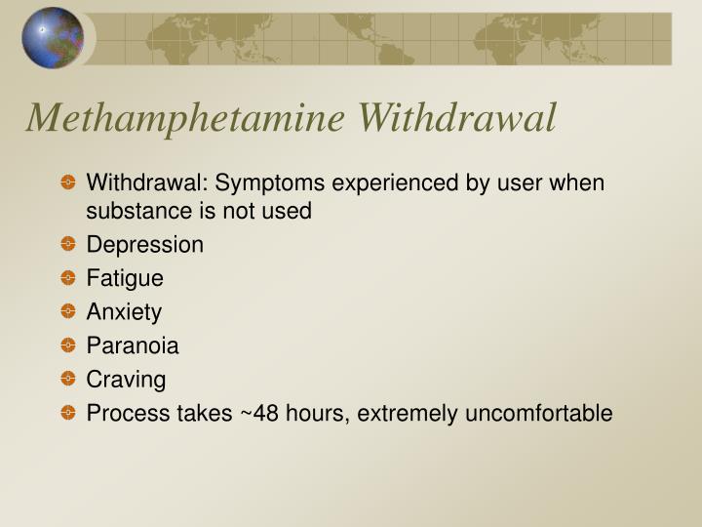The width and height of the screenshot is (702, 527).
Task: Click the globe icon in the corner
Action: pyautogui.click(x=53, y=38)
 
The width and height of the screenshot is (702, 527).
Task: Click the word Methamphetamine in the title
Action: pyautogui.click(x=185, y=118)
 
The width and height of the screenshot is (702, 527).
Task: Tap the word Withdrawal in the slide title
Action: pyautogui.click(x=457, y=118)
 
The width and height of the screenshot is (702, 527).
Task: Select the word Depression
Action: pyautogui.click(x=145, y=245)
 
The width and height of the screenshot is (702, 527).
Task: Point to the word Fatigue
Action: pyautogui.click(x=125, y=278)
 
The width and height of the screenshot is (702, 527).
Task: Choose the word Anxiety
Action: pyautogui.click(x=124, y=312)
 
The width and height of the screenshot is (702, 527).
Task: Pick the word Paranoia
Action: pyautogui.click(x=133, y=345)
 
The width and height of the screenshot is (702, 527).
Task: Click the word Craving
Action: pyautogui.click(x=126, y=380)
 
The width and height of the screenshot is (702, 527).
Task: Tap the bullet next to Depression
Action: pyautogui.click(x=66, y=245)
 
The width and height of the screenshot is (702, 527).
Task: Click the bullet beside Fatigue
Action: pyautogui.click(x=66, y=278)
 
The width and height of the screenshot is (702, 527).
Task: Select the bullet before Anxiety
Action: pyautogui.click(x=66, y=312)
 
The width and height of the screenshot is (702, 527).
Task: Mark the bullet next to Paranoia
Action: pyautogui.click(x=66, y=345)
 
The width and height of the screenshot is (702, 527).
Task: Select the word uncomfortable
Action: pyautogui.click(x=538, y=414)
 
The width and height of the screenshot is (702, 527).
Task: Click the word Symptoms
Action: pyautogui.click(x=272, y=183)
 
